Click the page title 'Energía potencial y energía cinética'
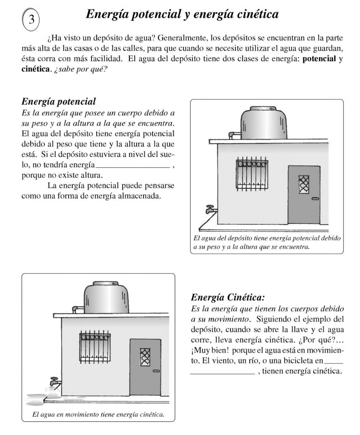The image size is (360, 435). click(x=182, y=14)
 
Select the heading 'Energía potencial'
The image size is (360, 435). click(x=58, y=102)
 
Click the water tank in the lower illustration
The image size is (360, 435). click(x=106, y=297)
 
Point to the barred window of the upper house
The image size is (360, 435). click(x=252, y=174)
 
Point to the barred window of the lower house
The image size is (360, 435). click(x=95, y=347)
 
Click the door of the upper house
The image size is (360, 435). click(x=304, y=194)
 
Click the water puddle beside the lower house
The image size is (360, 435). click(x=40, y=399)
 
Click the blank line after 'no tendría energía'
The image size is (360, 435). click(x=133, y=167)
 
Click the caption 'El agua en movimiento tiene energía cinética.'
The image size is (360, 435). click(x=98, y=414)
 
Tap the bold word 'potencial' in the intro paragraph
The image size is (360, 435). click(x=319, y=59)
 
